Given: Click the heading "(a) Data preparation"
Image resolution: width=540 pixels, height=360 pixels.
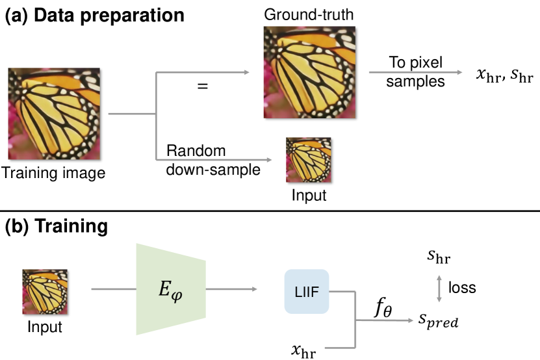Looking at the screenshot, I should click(95, 15).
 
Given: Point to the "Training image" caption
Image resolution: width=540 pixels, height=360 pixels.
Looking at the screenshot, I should click(53, 174).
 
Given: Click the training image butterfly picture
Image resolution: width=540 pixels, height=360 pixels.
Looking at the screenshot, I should click(53, 114).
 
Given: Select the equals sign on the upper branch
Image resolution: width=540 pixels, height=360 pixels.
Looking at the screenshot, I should click(203, 86).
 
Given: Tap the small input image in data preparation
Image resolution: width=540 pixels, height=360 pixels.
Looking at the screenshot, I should click(309, 160).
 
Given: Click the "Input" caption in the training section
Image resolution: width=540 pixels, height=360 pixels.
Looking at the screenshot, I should click(45, 327).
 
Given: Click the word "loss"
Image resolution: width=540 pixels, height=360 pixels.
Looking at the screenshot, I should click(462, 287).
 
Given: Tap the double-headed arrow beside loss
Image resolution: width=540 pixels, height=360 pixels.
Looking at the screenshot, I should click(441, 287).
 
